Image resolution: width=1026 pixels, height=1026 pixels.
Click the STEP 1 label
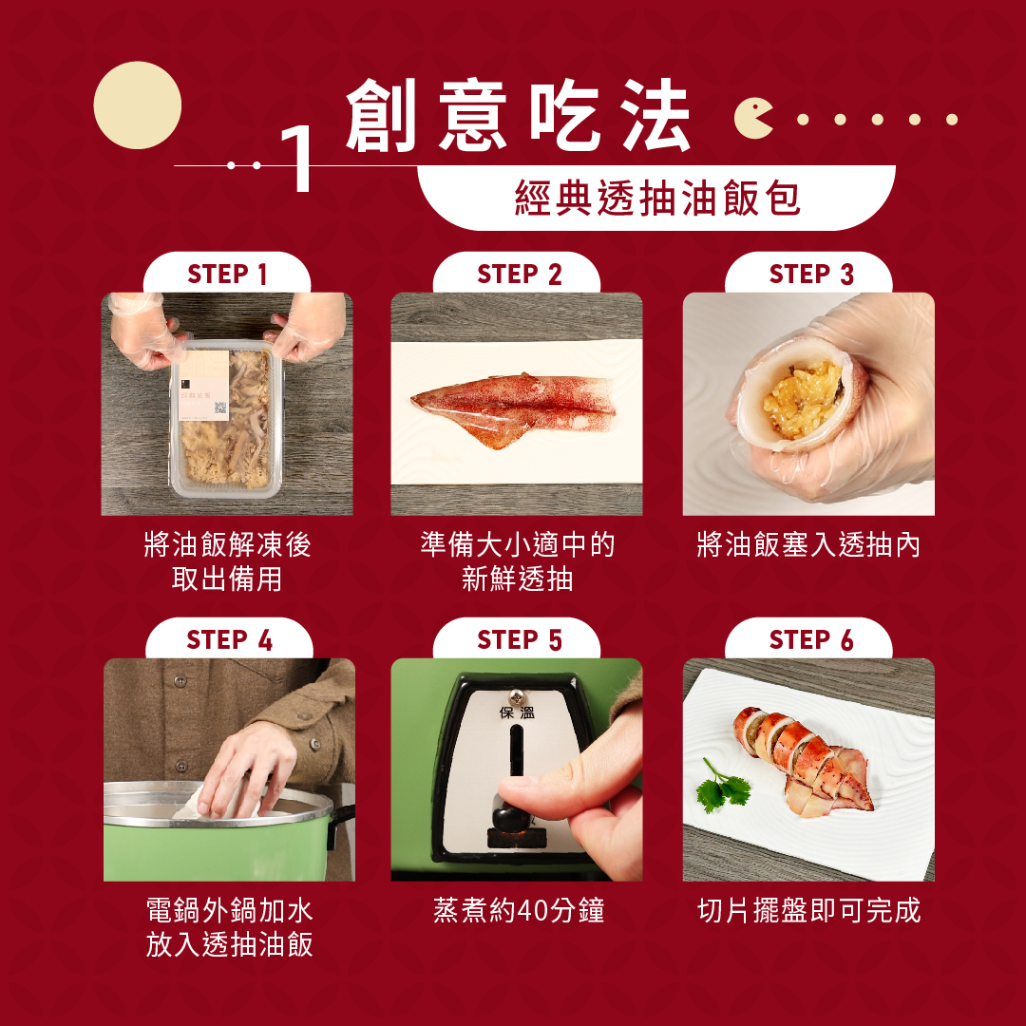227,275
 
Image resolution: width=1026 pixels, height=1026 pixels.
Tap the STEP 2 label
519,275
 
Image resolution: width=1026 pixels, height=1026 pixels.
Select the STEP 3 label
811,275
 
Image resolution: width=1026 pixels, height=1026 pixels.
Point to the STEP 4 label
229,640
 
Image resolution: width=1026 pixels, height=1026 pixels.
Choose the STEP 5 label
519,640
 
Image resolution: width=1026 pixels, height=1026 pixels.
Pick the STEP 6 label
811,640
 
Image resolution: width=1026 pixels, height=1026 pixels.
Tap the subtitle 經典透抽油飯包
657,198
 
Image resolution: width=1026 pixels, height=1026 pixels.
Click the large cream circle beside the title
138,104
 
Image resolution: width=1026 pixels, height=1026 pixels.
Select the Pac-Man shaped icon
752,119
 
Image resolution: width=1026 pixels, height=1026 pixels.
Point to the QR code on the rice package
220,408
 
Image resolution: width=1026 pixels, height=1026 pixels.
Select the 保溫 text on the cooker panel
517,712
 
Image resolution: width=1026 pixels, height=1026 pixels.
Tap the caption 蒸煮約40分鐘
519,910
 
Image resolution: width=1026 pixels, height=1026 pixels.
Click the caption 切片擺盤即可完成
809,910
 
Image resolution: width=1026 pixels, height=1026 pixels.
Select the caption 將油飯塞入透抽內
808,544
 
